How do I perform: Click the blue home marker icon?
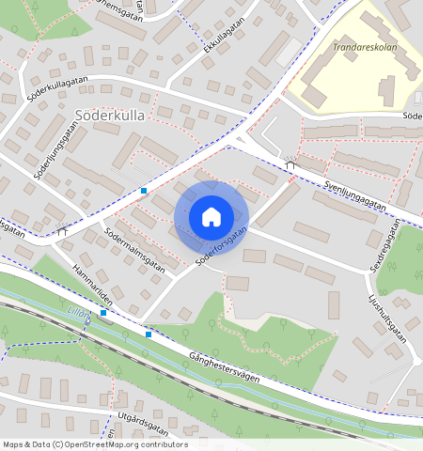click(211, 217)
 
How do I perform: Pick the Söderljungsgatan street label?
click(55, 150)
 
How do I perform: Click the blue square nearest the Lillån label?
click(103, 312)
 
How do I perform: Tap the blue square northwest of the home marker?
click(144, 191)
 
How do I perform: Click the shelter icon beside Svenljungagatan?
click(290, 164)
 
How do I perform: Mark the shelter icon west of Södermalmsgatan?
click(62, 228)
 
